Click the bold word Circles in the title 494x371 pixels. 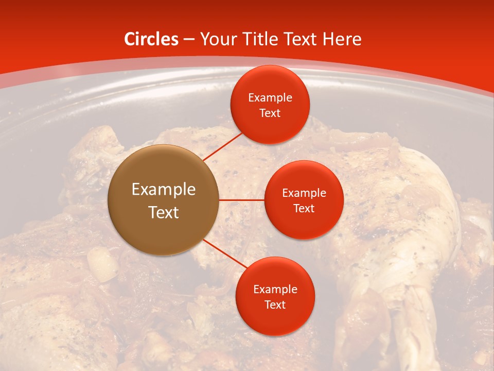click(x=151, y=39)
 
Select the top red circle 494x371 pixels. click(x=270, y=105)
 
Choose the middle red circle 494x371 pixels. click(x=304, y=200)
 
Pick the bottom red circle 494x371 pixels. click(x=275, y=296)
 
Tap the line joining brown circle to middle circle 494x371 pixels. click(x=241, y=200)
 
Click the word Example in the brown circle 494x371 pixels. click(x=164, y=190)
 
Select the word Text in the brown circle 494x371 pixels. click(x=164, y=212)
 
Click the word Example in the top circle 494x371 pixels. click(x=270, y=98)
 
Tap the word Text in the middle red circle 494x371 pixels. click(x=304, y=208)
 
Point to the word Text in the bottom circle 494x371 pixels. click(x=275, y=305)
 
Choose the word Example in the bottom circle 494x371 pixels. click(x=275, y=290)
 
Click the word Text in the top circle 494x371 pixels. click(x=270, y=113)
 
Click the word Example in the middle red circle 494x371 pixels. click(x=304, y=193)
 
